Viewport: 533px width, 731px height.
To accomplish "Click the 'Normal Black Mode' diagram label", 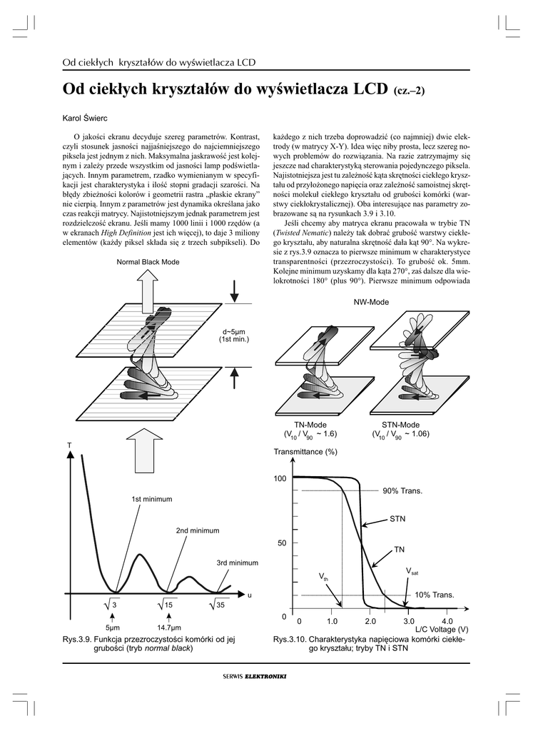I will pyautogui.click(x=148, y=262).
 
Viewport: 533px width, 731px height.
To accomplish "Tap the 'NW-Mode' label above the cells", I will pyautogui.click(x=371, y=303).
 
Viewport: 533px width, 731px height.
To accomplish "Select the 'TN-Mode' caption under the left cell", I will pyautogui.click(x=310, y=425).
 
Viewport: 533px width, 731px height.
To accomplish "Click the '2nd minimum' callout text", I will pyautogui.click(x=197, y=531).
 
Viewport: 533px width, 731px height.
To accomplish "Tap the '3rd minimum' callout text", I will pyautogui.click(x=237, y=563).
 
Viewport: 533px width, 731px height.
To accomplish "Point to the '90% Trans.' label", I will pyautogui.click(x=402, y=491).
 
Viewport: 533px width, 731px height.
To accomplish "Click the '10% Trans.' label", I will pyautogui.click(x=435, y=595).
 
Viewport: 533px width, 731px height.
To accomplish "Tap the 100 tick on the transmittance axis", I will pyautogui.click(x=280, y=478).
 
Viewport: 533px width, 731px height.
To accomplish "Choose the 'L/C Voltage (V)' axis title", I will pyautogui.click(x=442, y=630).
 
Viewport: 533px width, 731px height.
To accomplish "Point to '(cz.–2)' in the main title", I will pyautogui.click(x=413, y=91).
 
